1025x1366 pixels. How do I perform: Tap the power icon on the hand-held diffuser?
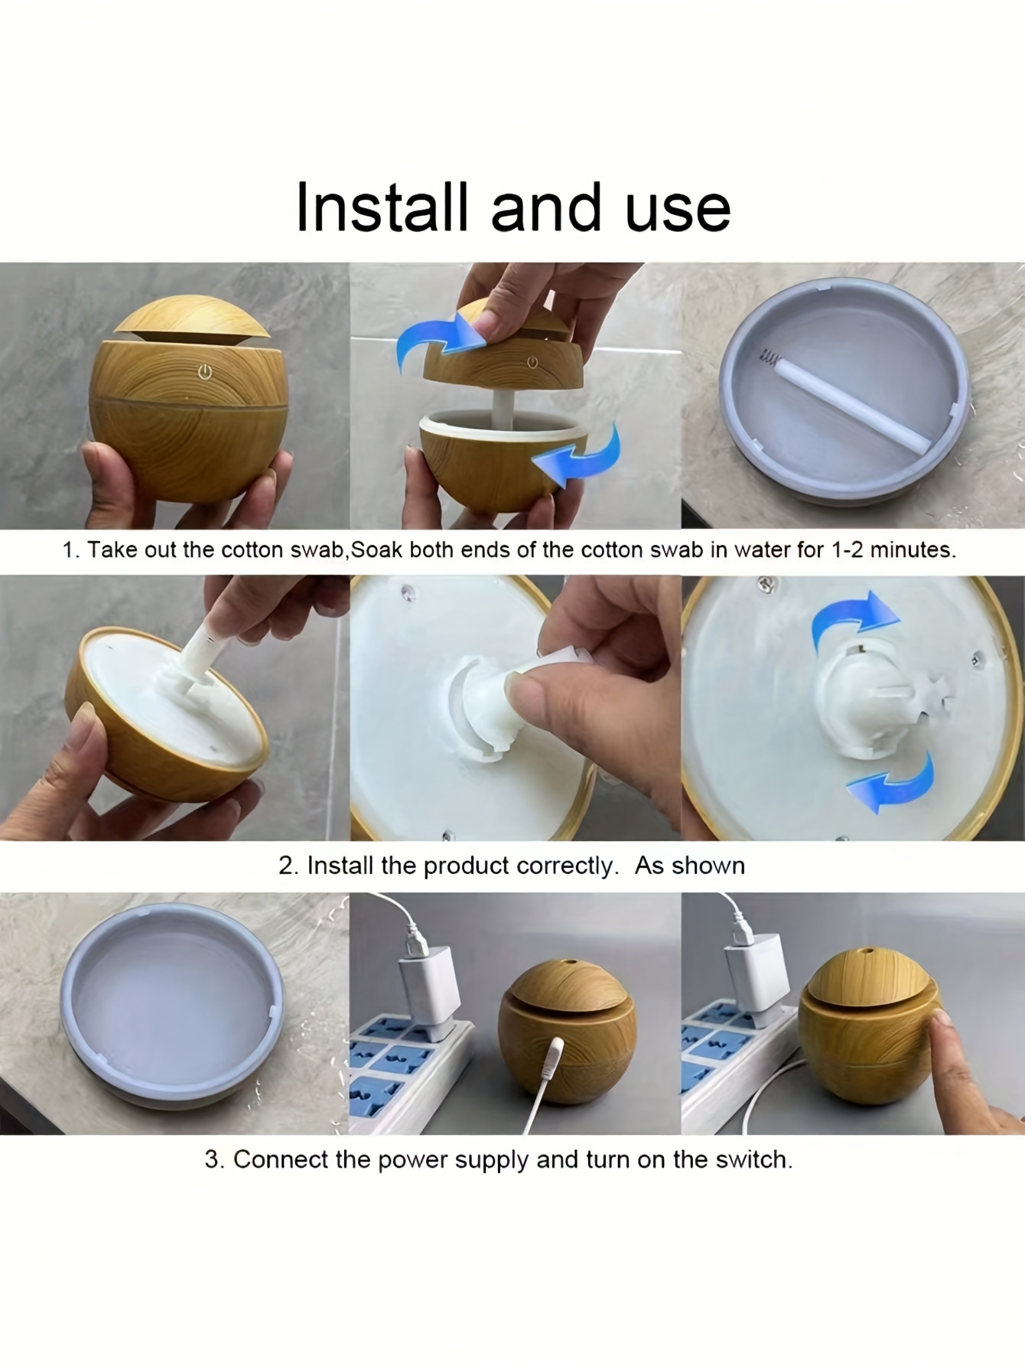205,373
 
